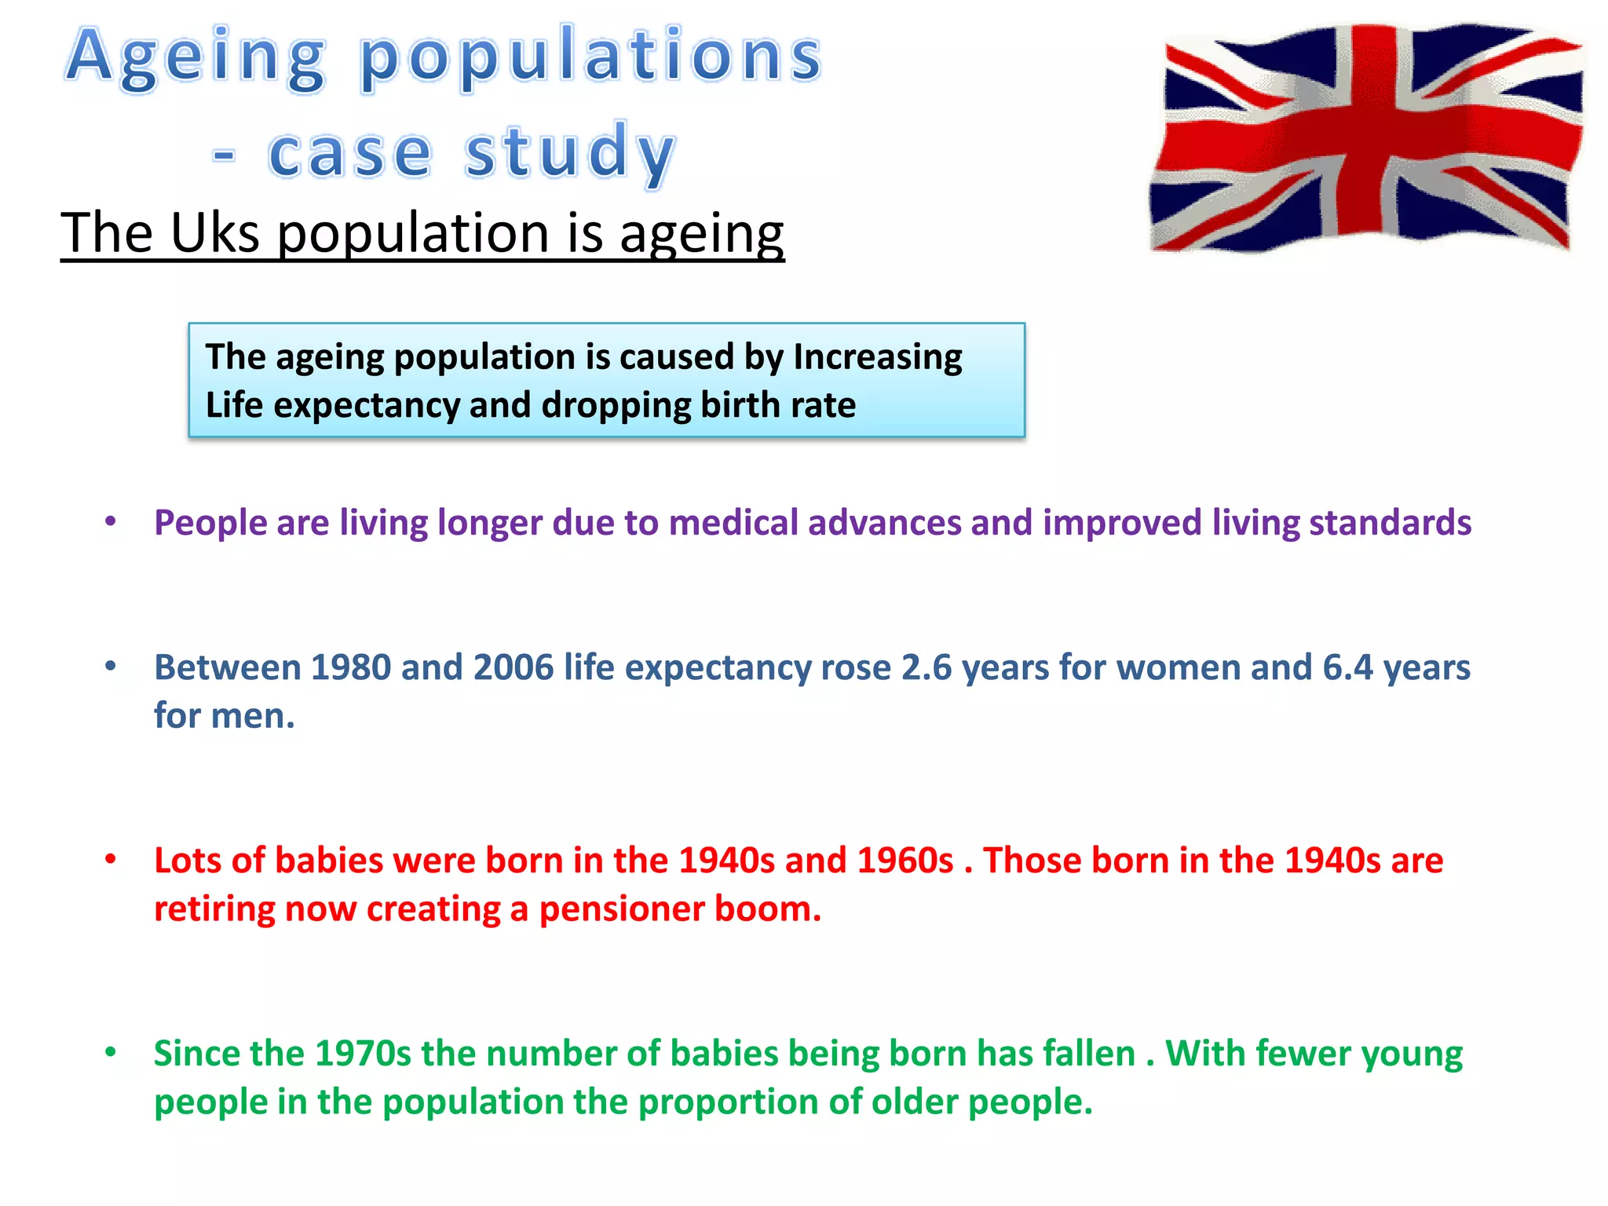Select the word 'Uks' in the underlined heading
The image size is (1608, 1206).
214,233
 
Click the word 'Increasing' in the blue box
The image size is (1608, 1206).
877,357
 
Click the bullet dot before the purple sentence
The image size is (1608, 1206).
111,521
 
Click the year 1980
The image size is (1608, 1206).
351,667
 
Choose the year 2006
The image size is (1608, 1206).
513,667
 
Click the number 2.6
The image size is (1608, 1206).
926,667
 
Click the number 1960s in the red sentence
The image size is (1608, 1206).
904,861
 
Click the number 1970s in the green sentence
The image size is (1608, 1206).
363,1054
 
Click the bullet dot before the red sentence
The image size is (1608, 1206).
111,860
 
